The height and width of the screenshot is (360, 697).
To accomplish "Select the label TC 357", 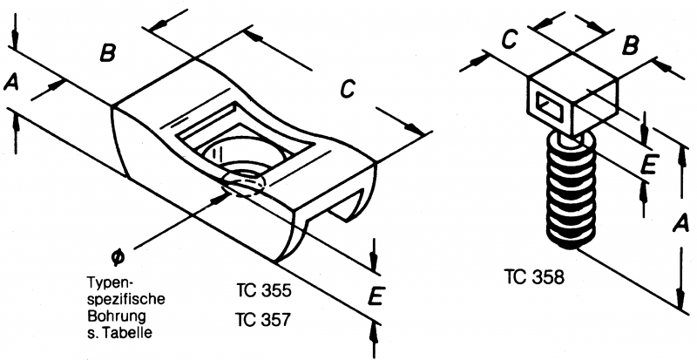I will [262, 319].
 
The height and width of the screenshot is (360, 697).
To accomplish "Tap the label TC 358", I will [534, 278].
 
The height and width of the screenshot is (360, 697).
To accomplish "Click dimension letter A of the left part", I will [11, 82].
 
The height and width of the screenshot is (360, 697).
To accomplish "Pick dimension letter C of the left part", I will [348, 88].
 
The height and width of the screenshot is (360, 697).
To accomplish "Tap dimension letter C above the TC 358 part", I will [512, 39].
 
